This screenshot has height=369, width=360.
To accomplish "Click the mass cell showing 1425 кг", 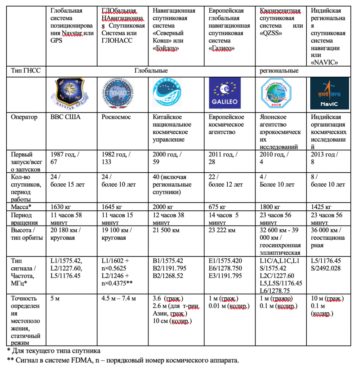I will (322, 207).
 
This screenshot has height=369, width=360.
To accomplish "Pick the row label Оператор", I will (24, 117).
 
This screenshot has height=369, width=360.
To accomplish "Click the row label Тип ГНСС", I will (26, 71).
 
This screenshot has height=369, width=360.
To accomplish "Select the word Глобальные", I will (151, 71).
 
